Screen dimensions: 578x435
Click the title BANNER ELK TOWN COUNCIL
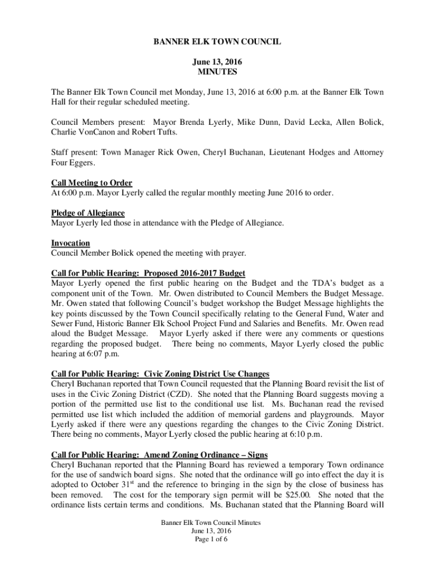point(217,42)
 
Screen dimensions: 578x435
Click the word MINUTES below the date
point(217,72)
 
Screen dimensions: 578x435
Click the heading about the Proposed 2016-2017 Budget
point(148,273)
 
